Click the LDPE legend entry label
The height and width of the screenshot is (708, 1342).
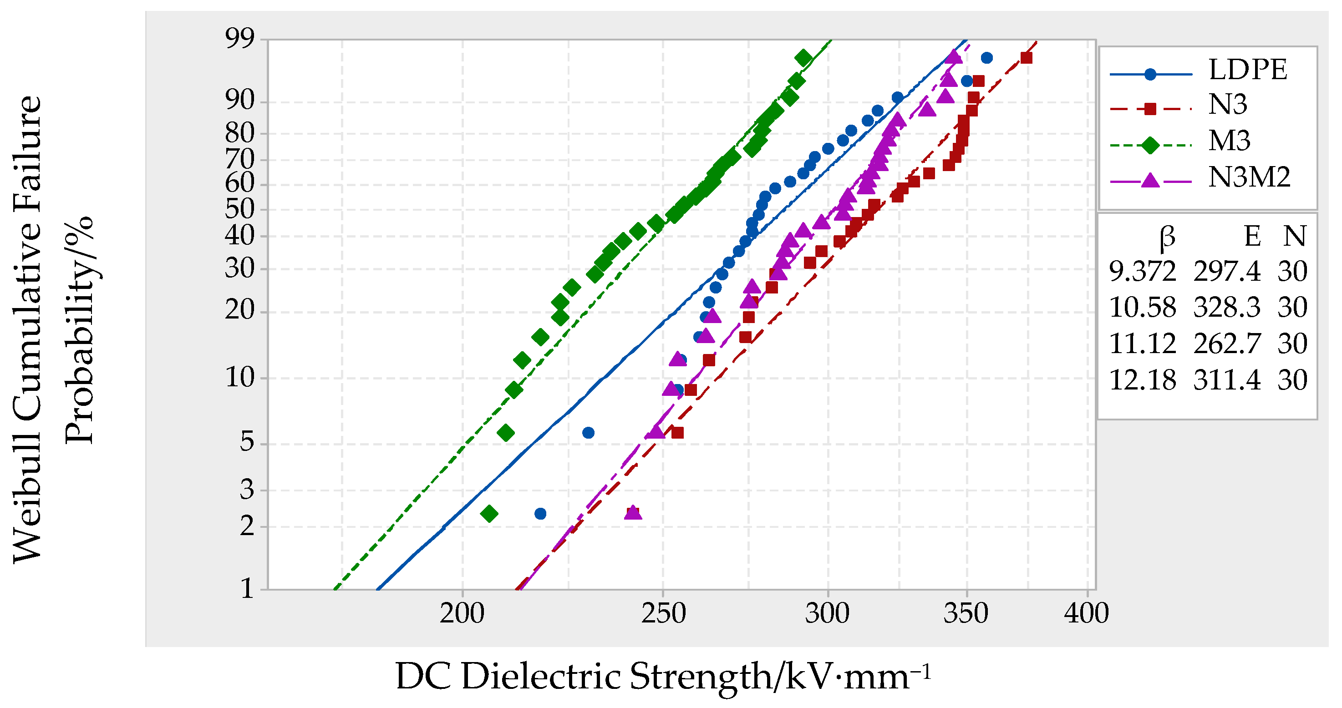point(1247,70)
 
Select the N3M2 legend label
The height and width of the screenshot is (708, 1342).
point(1249,177)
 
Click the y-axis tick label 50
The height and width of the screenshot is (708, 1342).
point(239,209)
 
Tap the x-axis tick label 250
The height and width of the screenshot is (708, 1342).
point(663,614)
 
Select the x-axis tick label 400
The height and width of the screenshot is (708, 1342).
point(1086,614)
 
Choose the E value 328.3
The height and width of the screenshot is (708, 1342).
point(1226,308)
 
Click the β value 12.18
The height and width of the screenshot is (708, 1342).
point(1142,380)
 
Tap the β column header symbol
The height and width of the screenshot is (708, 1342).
point(1167,237)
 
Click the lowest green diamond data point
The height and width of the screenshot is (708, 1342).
point(488,514)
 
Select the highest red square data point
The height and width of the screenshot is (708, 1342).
point(1026,58)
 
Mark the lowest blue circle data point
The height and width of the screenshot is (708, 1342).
point(540,514)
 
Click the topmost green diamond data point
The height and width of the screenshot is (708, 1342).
point(803,58)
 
